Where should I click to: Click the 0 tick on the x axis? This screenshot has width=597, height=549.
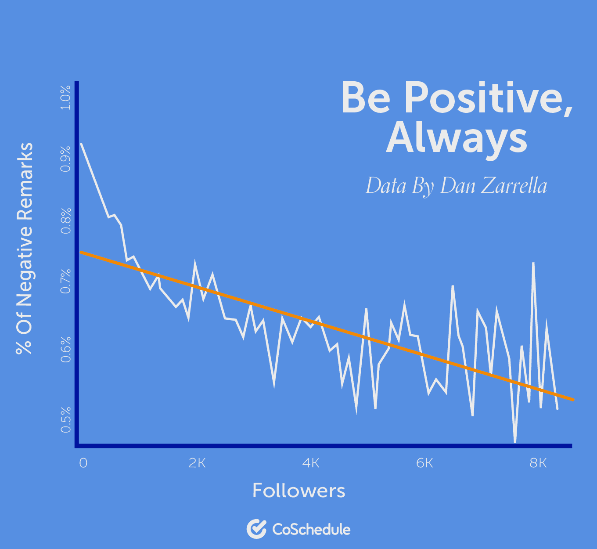pos(83,463)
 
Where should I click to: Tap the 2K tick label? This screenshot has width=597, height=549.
pos(197,463)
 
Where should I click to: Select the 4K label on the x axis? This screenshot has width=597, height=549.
pos(311,463)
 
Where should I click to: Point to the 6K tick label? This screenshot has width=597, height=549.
pos(424,463)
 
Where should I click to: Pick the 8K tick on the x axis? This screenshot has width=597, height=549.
pos(538,463)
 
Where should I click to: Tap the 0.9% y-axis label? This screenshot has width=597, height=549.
pos(66,159)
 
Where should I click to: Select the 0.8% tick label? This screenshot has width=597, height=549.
pos(66,221)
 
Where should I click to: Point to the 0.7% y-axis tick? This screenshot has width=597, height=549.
pos(66,282)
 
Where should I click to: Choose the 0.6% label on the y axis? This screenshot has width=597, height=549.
pos(66,350)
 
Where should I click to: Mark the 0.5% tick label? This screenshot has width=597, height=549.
pos(66,419)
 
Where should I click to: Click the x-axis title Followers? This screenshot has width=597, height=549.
pos(298,491)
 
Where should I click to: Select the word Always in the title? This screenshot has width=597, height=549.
pos(457,138)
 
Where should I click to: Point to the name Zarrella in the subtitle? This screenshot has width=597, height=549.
pos(514,186)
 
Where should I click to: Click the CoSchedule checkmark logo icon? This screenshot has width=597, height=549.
pos(256,529)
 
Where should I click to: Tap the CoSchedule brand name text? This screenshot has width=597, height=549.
pos(311,529)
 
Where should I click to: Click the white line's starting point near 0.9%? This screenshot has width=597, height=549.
pos(81,144)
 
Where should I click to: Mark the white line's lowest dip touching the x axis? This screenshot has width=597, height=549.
pos(515,441)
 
